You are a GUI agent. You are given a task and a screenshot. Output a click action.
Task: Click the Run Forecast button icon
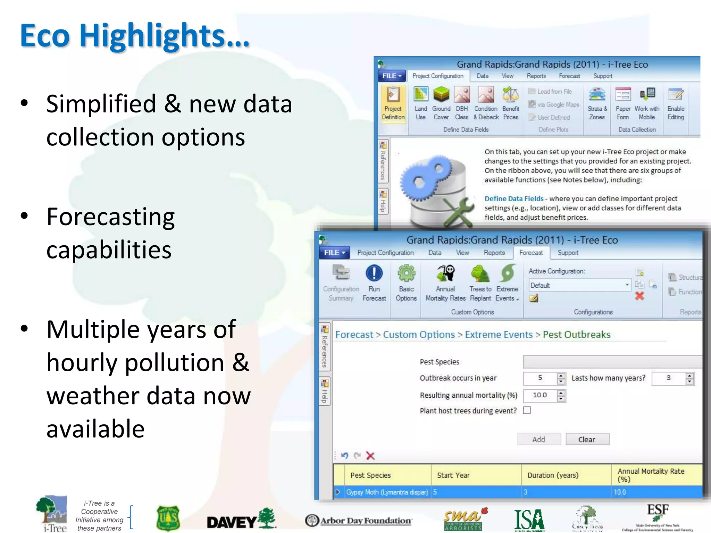[374, 274]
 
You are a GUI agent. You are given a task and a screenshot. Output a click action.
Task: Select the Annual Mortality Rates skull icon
[446, 274]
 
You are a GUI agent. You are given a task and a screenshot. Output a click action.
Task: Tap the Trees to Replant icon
[480, 274]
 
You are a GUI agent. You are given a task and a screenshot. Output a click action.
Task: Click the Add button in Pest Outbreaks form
[538, 439]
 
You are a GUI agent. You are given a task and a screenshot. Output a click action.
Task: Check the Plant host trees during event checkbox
[527, 411]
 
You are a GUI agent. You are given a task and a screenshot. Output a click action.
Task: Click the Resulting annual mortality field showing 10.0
[540, 395]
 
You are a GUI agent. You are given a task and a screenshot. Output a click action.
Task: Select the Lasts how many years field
[668, 378]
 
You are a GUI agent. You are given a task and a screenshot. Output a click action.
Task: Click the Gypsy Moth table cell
[387, 492]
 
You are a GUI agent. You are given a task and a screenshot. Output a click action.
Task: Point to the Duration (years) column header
[553, 475]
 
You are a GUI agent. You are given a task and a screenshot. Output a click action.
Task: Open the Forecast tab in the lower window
[531, 253]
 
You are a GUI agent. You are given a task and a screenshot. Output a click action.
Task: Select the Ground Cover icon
[441, 95]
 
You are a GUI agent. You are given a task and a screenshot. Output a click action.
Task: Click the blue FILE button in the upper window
[392, 76]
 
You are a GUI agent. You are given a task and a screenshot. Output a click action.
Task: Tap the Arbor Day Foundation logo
[358, 521]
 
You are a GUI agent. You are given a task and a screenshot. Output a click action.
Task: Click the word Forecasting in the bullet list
[110, 217]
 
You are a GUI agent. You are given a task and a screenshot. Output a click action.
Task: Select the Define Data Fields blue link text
[514, 198]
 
